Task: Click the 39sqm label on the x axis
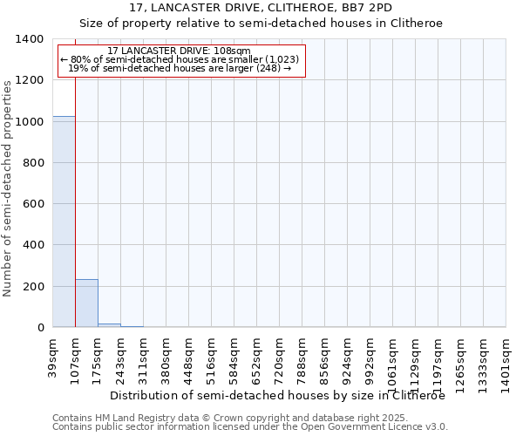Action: click(53, 354)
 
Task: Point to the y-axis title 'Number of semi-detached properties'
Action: click(8, 188)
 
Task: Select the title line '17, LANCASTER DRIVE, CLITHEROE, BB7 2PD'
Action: click(261, 8)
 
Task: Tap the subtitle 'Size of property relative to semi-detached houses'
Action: click(261, 24)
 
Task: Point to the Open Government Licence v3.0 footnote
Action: click(250, 427)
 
